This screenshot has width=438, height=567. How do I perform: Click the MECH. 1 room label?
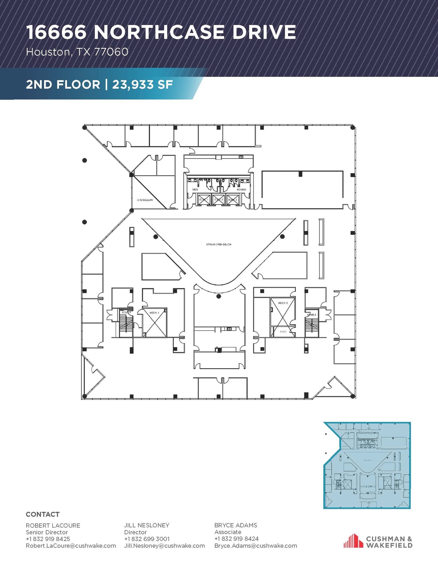coord(154,313)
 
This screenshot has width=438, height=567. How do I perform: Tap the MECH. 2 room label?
coord(283,303)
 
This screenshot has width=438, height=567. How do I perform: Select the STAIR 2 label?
coord(311,315)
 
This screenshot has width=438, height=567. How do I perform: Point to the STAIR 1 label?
coord(126,313)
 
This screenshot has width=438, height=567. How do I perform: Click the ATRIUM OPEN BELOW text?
coord(219,244)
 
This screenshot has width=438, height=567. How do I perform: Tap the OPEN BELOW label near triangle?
coord(145,200)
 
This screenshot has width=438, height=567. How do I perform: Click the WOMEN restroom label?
coord(241,190)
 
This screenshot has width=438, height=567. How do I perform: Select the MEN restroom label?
coord(195,190)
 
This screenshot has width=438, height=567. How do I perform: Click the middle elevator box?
coord(218,200)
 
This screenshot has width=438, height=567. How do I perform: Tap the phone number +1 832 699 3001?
coord(147,539)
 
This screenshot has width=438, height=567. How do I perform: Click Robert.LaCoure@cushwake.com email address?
coord(71,546)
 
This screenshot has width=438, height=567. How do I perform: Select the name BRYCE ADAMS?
coord(235,525)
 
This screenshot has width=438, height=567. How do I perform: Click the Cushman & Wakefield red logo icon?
coord(353,541)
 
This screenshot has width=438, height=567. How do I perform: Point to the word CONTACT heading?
coord(43,514)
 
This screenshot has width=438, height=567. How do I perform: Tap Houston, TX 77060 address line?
coord(77,52)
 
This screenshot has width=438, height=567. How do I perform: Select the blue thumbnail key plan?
coord(367,465)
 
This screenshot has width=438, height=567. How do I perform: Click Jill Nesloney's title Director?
coord(135,532)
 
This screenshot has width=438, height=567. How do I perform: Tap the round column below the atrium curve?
coord(219,297)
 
